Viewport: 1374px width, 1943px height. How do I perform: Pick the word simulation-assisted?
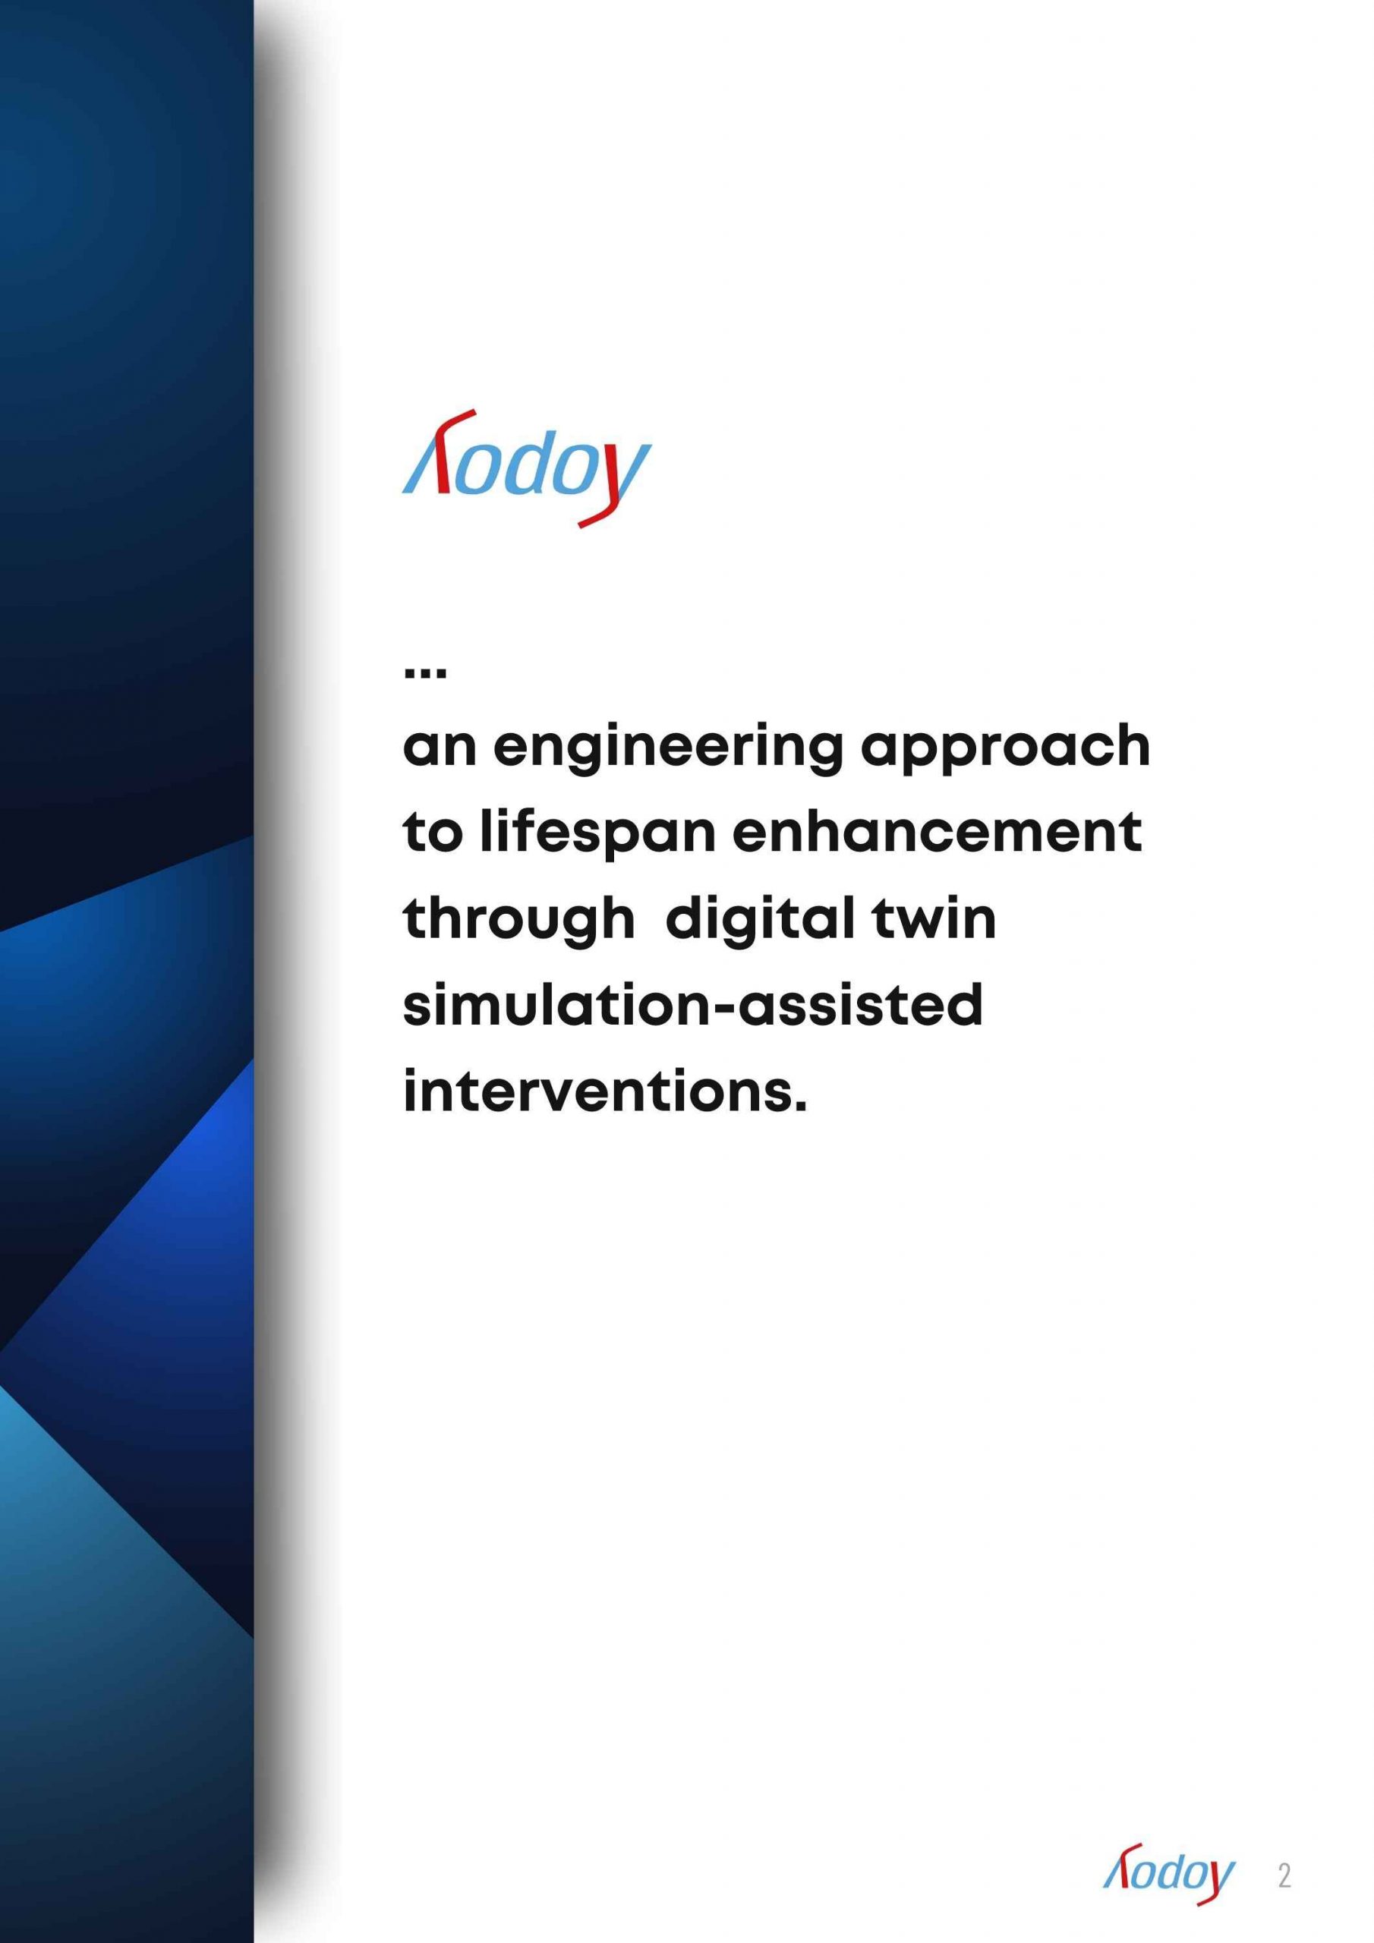coord(692,1006)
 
